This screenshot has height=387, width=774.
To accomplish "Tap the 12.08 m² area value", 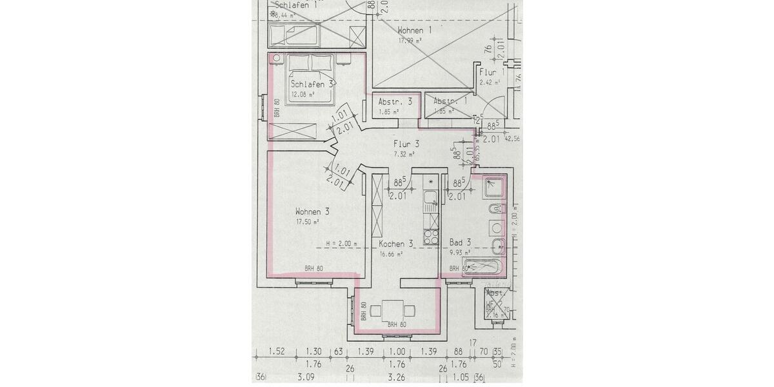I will click(x=303, y=94).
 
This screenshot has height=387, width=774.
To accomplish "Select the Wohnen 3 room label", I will click(x=313, y=212).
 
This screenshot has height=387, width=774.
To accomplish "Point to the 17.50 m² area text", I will click(x=308, y=222).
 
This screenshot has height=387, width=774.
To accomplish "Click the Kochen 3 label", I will click(x=395, y=244).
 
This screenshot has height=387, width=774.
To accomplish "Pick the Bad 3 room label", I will click(x=460, y=243).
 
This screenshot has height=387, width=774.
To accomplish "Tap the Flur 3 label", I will click(x=406, y=144).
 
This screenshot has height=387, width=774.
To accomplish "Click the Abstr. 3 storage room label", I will click(x=395, y=102).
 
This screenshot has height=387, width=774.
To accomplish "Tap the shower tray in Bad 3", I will click(x=495, y=186).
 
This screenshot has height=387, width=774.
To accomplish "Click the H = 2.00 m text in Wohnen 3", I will click(x=342, y=244).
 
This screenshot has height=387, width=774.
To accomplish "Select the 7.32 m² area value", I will click(x=404, y=154).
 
